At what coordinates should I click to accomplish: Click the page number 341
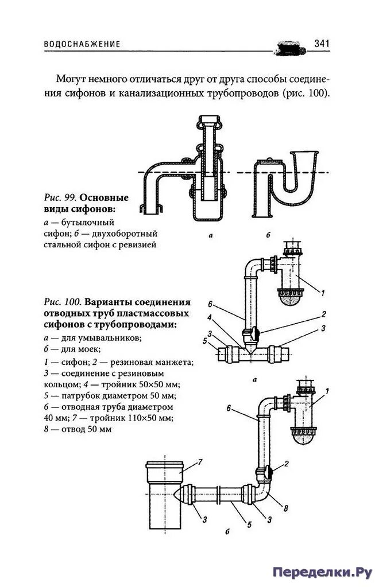point(320,44)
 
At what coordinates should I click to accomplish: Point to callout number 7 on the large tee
point(201,461)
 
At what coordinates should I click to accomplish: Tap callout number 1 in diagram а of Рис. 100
point(323,293)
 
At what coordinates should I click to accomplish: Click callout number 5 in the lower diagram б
point(249,523)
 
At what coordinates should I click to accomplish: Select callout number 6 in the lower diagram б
point(228,408)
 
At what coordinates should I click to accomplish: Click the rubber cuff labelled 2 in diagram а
point(253,332)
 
